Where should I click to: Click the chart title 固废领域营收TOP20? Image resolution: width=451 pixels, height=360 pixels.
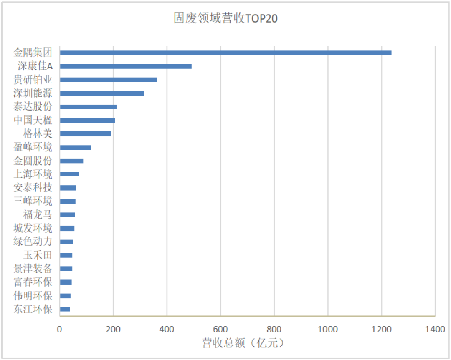(225, 19)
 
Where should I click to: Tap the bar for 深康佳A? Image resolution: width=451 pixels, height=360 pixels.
(126, 66)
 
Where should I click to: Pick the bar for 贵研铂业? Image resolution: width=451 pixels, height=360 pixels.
(109, 80)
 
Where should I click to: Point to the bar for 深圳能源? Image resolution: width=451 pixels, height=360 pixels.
(102, 93)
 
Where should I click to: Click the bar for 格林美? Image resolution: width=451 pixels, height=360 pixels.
(86, 134)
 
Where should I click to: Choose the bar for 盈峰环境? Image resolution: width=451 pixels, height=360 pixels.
(76, 147)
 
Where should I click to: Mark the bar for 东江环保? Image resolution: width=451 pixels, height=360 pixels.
(65, 309)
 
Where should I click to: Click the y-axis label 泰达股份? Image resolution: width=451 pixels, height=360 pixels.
(33, 107)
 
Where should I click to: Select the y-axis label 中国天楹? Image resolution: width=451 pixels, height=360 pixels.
(33, 121)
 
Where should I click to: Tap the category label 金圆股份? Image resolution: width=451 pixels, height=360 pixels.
(33, 161)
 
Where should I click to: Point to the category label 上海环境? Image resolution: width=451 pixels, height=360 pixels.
(33, 174)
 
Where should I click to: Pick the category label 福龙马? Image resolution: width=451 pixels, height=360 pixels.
(38, 215)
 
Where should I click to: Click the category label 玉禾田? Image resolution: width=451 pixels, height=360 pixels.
(38, 255)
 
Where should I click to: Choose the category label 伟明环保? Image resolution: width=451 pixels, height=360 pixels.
(33, 296)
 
